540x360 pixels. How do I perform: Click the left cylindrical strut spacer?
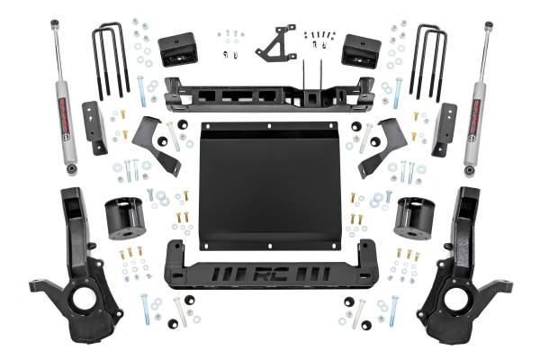pyautogui.click(x=126, y=219)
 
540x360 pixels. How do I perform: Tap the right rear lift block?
pyautogui.click(x=362, y=51)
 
